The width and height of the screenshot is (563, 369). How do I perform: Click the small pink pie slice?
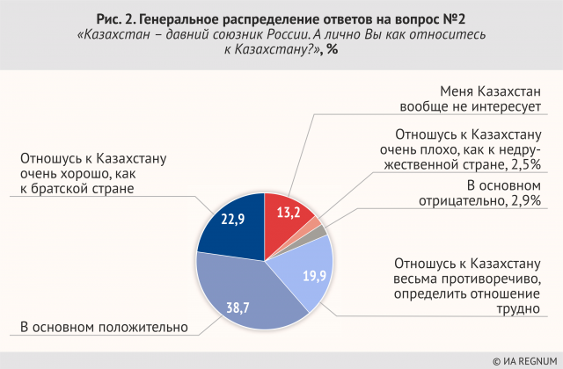pyautogui.click(x=317, y=222)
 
